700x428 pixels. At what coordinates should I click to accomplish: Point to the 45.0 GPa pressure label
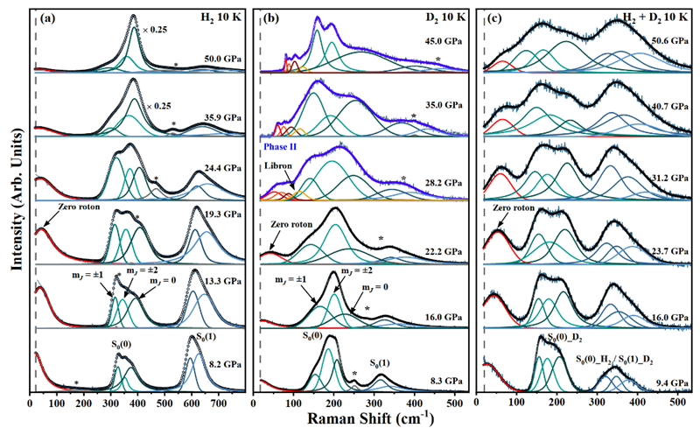[x=446, y=39]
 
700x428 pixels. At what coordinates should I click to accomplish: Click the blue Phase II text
[x=277, y=148]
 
